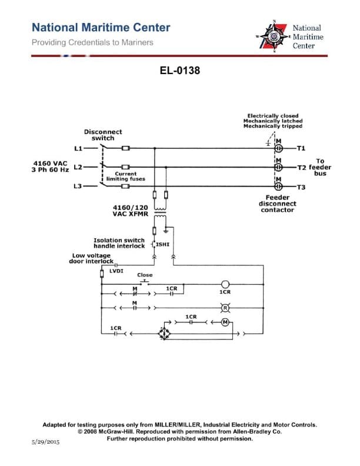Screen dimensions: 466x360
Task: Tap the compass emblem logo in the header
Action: coord(274,36)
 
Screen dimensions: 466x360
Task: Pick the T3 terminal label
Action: coord(302,187)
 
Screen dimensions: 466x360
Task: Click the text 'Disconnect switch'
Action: coord(103,135)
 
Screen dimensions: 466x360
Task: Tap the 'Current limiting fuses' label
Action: coord(122,177)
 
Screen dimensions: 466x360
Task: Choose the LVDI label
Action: coord(116,271)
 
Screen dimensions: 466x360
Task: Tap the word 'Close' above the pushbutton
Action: coord(145,275)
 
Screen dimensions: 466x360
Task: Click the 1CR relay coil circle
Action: coord(225,284)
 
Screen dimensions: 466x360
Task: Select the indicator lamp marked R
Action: coord(225,307)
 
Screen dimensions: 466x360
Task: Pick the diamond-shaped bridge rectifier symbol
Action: coord(163,334)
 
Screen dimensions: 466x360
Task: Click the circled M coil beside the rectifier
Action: coord(225,321)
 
